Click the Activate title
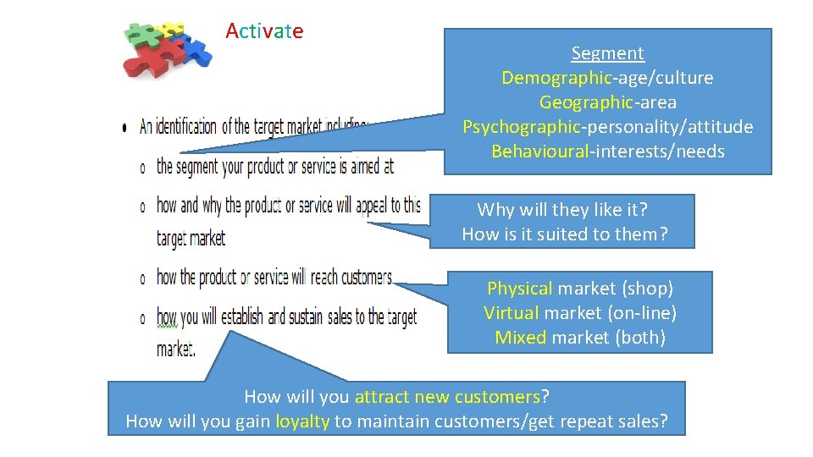264,32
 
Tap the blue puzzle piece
196,52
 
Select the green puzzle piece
139,34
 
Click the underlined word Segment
607,53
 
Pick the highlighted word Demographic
556,78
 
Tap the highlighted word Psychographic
521,127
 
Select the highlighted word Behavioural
540,151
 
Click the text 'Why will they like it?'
562,210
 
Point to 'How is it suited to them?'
565,234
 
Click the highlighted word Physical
520,289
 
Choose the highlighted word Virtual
512,313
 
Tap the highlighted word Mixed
521,338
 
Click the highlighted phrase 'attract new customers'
447,396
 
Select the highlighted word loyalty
302,421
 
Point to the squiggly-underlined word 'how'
167,317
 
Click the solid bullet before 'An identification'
125,128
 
